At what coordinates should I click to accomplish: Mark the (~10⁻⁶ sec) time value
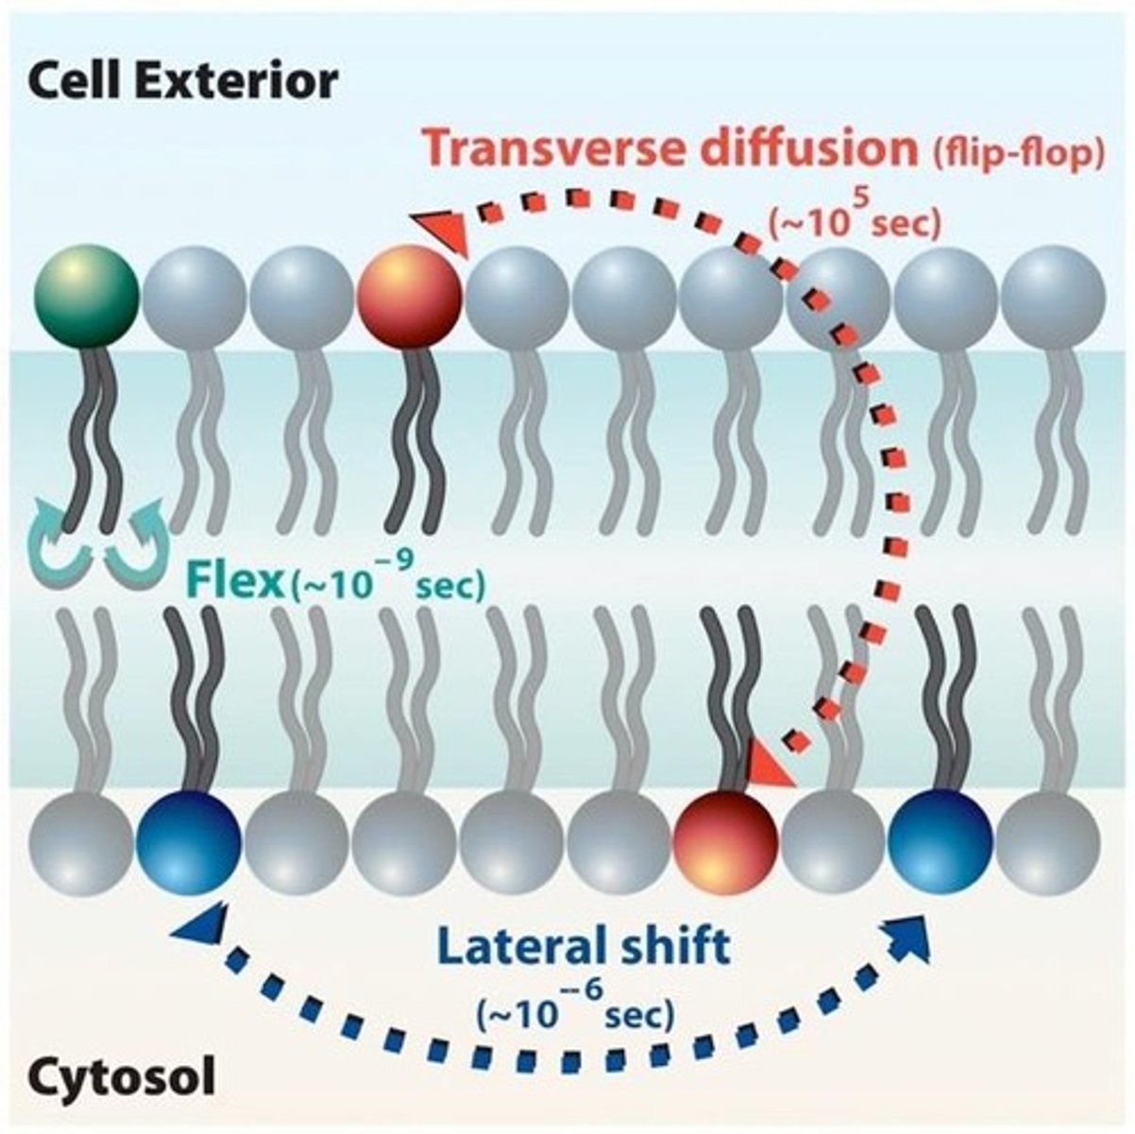pos(575,1013)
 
